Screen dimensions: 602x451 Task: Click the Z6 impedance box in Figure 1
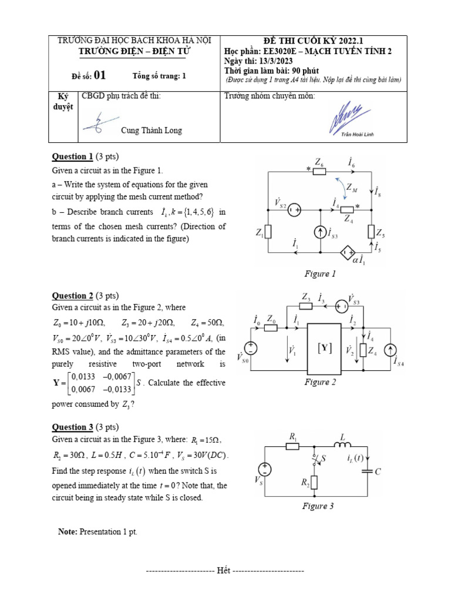(319, 171)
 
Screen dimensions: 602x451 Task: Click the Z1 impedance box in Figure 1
(268, 232)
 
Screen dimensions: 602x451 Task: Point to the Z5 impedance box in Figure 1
(371, 232)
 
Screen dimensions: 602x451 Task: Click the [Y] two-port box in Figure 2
(324, 349)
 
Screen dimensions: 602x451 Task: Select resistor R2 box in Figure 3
(313, 482)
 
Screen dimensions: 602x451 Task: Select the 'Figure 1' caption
(320, 274)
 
